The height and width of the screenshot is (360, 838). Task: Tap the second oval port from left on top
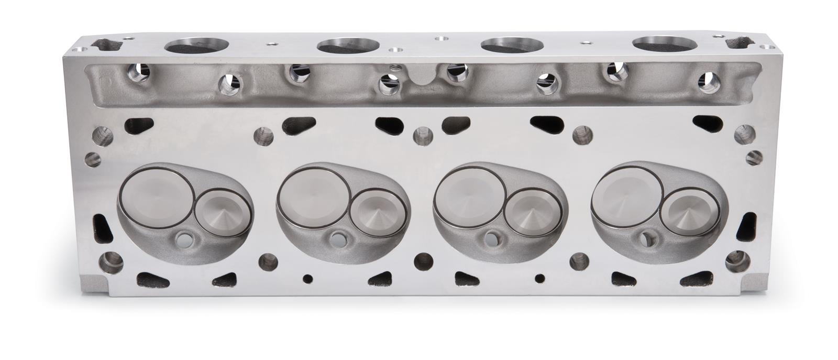[x=348, y=46]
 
